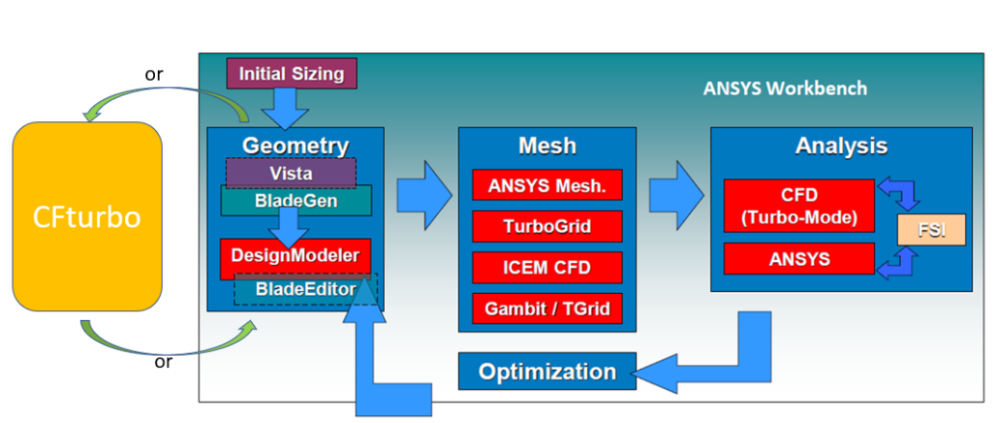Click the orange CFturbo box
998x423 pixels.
click(87, 216)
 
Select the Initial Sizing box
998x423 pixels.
click(292, 74)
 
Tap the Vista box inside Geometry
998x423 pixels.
click(291, 173)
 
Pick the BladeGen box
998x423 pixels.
click(296, 201)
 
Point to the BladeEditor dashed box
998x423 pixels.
click(305, 289)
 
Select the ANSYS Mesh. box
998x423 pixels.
click(547, 184)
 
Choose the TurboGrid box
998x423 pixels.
click(547, 226)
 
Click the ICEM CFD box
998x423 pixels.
click(547, 268)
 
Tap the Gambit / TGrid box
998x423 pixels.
click(547, 309)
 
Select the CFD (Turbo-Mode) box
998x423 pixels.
click(799, 205)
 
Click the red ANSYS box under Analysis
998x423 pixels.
click(799, 259)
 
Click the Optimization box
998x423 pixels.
click(547, 372)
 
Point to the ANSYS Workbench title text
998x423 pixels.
click(785, 88)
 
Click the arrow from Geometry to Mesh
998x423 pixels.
click(424, 195)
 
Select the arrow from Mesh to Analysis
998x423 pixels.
click(676, 195)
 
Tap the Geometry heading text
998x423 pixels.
click(296, 146)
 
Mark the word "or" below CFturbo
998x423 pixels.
click(164, 363)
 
